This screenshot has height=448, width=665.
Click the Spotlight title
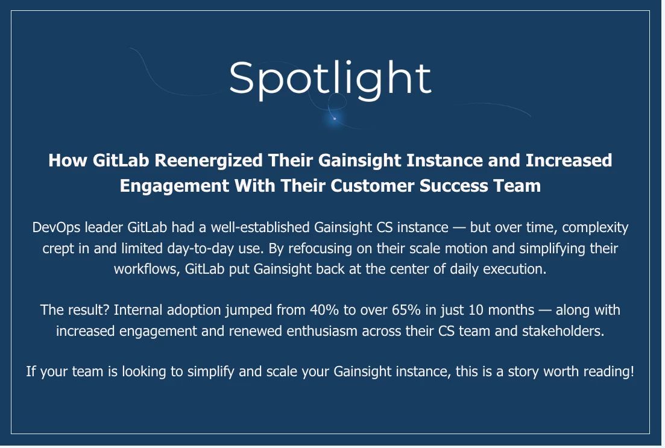330,80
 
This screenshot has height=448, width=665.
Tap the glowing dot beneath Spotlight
335,118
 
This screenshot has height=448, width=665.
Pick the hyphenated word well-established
260,227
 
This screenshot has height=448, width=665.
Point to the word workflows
147,269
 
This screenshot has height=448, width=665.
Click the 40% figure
324,310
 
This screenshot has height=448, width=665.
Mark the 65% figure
406,310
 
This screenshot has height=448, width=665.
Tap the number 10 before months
476,310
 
